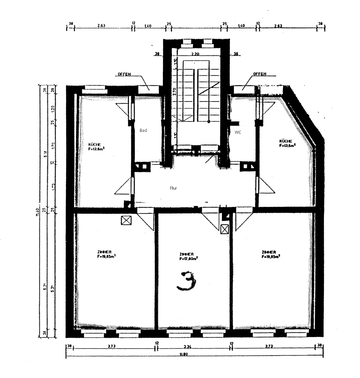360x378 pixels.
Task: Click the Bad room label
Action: tap(143, 130)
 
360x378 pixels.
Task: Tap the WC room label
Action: tap(238, 132)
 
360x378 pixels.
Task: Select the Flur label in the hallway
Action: tap(173, 188)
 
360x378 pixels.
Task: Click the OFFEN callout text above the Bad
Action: tap(125, 74)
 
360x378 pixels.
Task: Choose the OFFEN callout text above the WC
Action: tap(259, 74)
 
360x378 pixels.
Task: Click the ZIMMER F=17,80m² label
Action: tap(188, 257)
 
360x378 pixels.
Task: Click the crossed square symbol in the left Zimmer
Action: tap(125, 220)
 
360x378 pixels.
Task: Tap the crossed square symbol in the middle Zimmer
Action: tap(224, 229)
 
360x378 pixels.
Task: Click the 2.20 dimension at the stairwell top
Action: tap(195, 54)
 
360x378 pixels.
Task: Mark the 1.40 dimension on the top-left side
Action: tap(147, 26)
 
